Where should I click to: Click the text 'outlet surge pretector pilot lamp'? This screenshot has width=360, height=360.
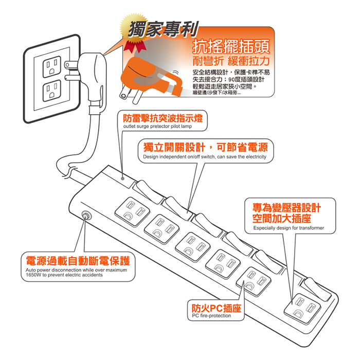157,127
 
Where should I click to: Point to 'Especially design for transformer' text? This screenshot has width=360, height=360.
289,228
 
